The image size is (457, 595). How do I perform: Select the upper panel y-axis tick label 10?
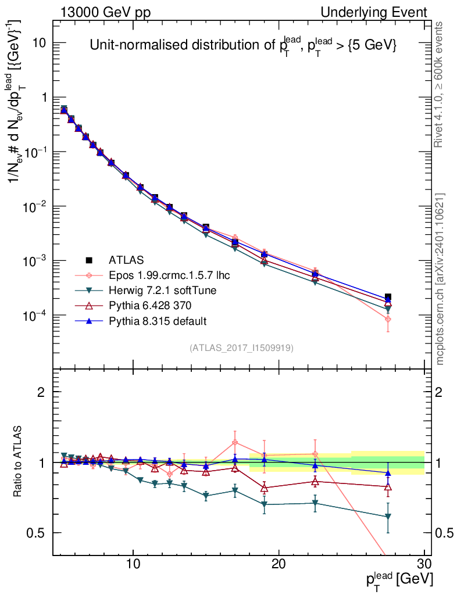point(40,43)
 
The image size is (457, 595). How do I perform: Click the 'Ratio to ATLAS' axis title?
point(19,461)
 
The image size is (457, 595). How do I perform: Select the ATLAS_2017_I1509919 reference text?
point(241,348)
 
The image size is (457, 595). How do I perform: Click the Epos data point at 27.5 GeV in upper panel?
point(388,319)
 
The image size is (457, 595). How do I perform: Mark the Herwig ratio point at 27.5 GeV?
point(388,517)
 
